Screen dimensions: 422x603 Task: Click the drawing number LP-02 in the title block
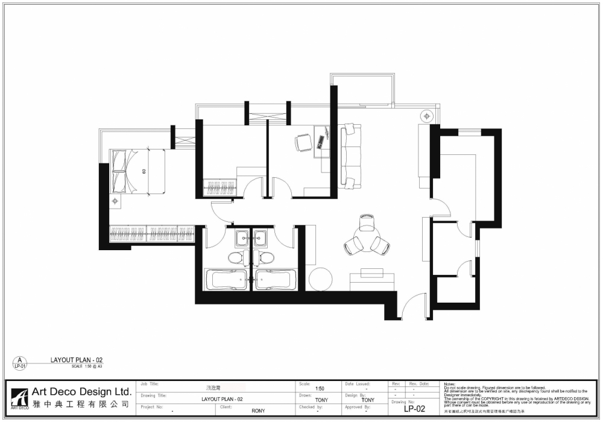click(415, 409)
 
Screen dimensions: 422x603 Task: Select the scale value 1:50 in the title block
click(320, 389)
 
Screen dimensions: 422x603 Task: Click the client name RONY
click(258, 411)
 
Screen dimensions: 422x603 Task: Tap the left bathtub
click(226, 279)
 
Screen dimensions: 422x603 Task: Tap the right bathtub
click(276, 279)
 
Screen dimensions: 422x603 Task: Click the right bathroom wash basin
click(262, 236)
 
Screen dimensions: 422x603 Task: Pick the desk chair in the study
click(303, 142)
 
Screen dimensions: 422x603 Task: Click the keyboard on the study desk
click(320, 142)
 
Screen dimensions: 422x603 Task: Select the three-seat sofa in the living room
click(350, 156)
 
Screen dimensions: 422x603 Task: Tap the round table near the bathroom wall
click(320, 279)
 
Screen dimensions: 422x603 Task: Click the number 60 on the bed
click(144, 171)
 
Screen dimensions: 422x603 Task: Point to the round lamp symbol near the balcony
click(426, 115)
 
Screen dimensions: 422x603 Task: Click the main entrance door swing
click(414, 307)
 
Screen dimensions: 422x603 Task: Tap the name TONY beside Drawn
click(321, 399)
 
